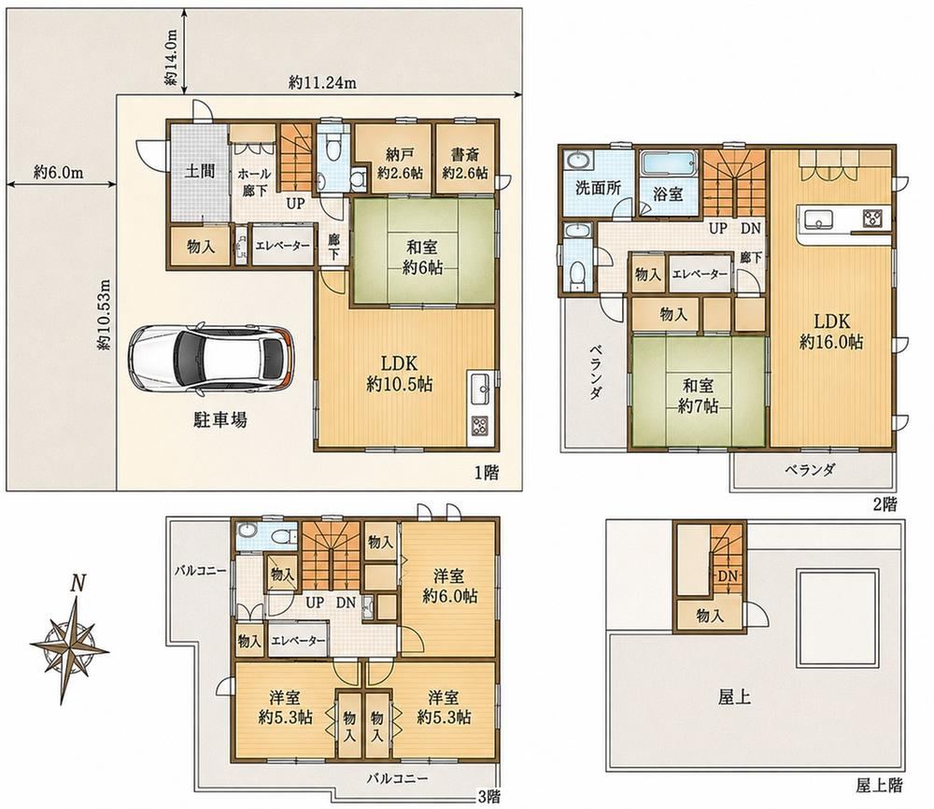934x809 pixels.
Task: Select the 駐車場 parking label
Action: (220, 420)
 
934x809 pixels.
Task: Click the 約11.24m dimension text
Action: (322, 83)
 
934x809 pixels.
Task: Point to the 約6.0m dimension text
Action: (58, 173)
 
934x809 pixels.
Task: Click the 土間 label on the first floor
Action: (200, 172)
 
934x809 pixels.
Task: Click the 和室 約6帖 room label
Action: (422, 257)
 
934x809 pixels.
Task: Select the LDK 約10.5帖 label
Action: (399, 374)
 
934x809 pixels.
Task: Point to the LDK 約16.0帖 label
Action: (831, 332)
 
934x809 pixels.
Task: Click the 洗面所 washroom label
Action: (599, 189)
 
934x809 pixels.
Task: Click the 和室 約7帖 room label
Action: (698, 395)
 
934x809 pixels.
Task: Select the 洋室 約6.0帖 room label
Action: (450, 586)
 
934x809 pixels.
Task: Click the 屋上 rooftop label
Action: (734, 696)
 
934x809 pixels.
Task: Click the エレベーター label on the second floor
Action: (700, 275)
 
